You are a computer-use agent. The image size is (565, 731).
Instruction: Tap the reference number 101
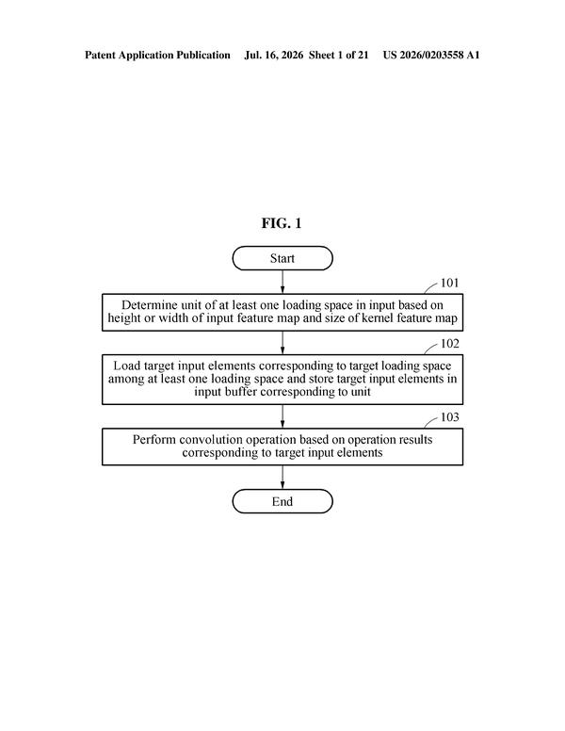(x=449, y=283)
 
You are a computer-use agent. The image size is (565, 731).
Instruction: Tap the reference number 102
(x=449, y=344)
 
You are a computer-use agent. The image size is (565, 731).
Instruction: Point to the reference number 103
(x=449, y=417)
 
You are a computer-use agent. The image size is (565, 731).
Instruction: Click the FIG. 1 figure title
(x=282, y=223)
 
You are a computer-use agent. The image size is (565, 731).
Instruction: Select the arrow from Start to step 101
(x=282, y=282)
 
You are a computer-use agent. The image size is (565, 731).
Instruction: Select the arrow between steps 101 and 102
(x=282, y=343)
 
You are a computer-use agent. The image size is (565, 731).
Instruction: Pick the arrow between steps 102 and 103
(x=282, y=416)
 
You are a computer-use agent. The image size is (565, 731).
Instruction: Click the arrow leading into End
(x=282, y=477)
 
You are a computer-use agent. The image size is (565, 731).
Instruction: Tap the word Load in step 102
(x=127, y=365)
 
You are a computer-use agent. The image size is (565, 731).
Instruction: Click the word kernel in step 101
(x=378, y=318)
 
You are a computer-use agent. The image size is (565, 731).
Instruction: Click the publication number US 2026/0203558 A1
(x=431, y=55)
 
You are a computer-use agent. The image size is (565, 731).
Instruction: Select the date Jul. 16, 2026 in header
(x=274, y=55)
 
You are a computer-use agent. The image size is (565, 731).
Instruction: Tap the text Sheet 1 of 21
(x=338, y=55)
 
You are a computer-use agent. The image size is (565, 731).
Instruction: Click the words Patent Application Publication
(x=157, y=55)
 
